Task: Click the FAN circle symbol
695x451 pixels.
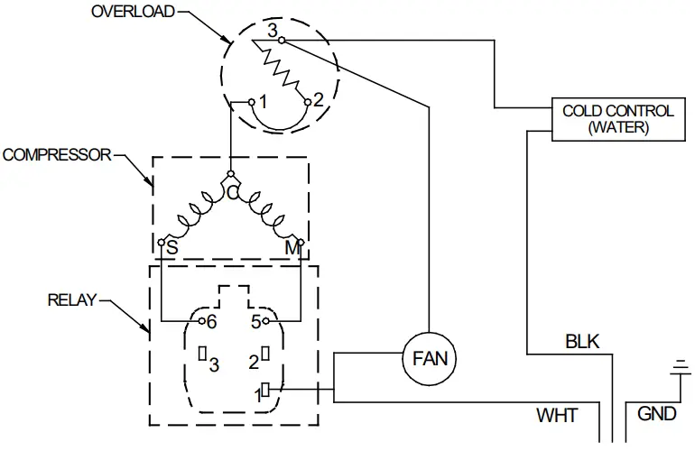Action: coord(430,357)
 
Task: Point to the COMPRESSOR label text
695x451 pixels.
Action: coord(56,154)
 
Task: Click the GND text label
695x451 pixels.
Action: coord(656,414)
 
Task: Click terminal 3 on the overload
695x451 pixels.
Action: coord(282,41)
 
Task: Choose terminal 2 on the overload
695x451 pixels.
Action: coord(308,102)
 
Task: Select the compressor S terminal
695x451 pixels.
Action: coord(161,244)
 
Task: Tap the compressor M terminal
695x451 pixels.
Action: coord(301,244)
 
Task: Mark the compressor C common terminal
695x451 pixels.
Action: coord(231,174)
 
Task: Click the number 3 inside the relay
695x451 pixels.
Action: coord(214,364)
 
